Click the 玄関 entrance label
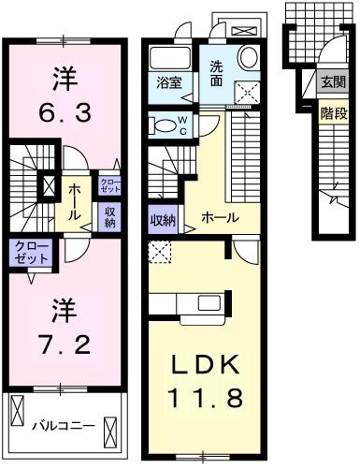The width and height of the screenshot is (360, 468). [x=332, y=83]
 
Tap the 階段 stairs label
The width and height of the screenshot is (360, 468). [x=332, y=112]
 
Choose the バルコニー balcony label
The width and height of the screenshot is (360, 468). [x=64, y=425]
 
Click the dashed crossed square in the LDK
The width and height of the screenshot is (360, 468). [x=160, y=252]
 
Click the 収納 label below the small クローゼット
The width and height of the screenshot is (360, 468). [x=110, y=216]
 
